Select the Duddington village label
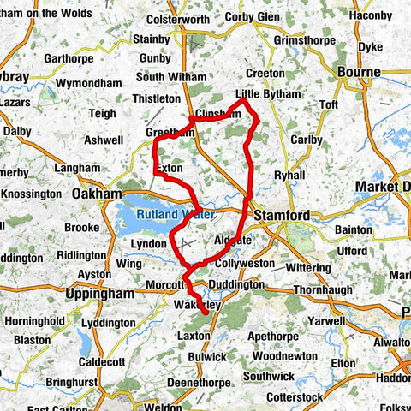236,283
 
